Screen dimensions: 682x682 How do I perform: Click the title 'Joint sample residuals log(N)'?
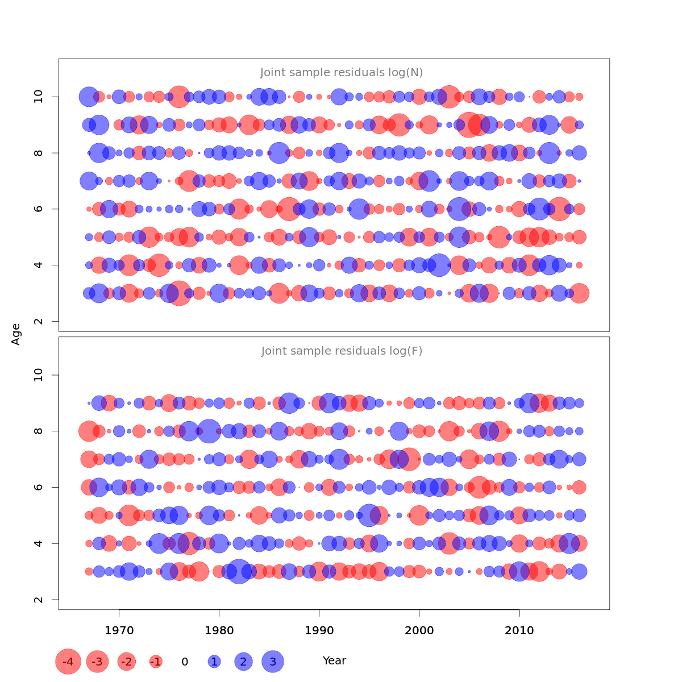(x=342, y=73)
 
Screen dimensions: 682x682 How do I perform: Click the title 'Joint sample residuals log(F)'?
(x=342, y=351)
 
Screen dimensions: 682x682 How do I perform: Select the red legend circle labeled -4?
(x=68, y=662)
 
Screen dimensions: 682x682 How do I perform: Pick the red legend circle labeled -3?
(x=98, y=662)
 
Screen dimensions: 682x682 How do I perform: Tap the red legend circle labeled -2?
(x=127, y=662)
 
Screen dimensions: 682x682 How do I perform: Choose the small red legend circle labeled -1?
(x=156, y=662)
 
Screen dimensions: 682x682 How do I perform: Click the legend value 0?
(x=185, y=662)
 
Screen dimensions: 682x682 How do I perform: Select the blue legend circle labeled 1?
(x=214, y=662)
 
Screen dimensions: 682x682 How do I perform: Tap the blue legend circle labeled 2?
(x=243, y=662)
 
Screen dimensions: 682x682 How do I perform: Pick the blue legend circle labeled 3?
(x=273, y=662)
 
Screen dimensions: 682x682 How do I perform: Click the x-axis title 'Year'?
(x=334, y=661)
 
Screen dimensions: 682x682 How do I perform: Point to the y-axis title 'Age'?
(x=16, y=334)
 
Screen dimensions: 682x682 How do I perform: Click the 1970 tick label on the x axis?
(x=119, y=631)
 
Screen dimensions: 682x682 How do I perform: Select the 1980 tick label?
(x=219, y=631)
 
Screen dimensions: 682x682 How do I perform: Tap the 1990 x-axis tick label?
(x=319, y=631)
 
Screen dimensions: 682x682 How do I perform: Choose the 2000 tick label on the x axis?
(x=419, y=631)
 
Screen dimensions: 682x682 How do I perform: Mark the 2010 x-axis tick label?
(x=519, y=631)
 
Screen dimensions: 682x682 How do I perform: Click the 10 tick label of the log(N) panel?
(x=39, y=97)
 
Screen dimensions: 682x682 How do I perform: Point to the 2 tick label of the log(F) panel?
(x=39, y=600)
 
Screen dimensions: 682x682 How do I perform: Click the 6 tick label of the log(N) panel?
(x=39, y=209)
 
